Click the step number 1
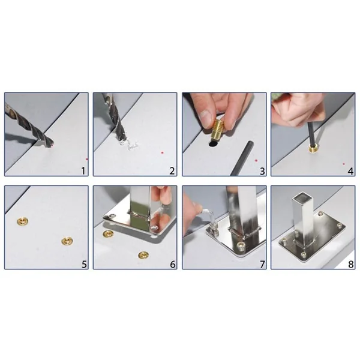pos(83,171)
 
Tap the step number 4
pos(350,171)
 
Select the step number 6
pos(173,264)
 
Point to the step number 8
pos(350,264)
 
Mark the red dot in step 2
pos(163,152)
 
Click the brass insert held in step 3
pos(217,130)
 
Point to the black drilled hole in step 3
pos(213,144)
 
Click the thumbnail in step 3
pos(206,116)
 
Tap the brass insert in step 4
pos(313,149)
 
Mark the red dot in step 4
pos(344,164)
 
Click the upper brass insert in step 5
pos(23,221)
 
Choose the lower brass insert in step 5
pos(67,241)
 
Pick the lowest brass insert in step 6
pos(144,255)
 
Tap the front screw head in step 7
pos(241,245)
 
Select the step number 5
pos(84,265)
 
